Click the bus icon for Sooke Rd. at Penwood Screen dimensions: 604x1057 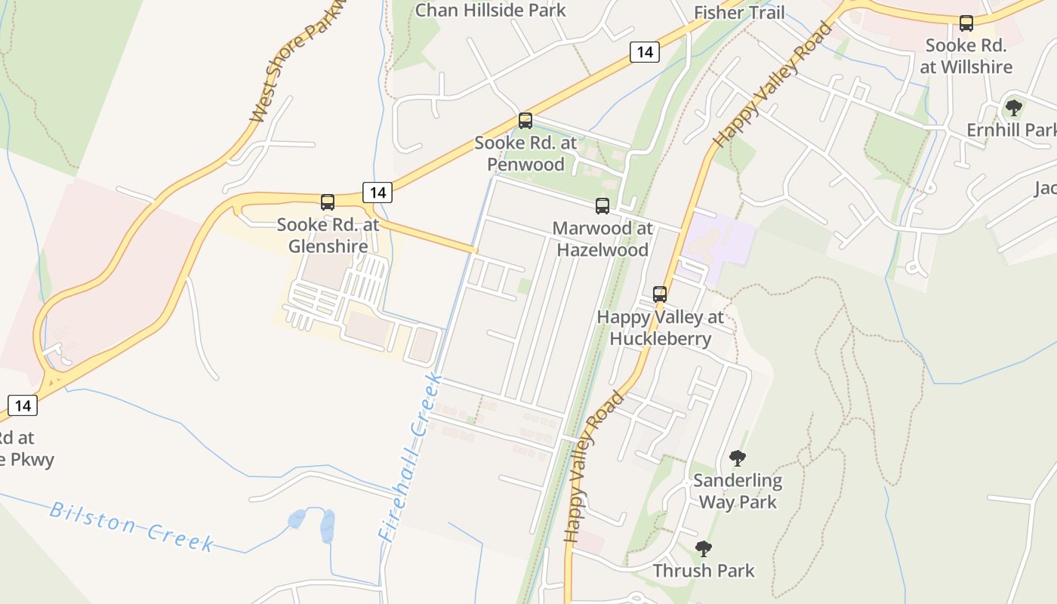[525, 121]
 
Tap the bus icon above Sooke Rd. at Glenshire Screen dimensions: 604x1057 [328, 202]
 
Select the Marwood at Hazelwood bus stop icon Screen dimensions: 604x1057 [602, 206]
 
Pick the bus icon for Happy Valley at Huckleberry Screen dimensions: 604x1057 [660, 294]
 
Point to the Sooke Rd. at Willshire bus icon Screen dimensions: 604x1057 [966, 23]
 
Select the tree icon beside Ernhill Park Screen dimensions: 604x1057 [1014, 108]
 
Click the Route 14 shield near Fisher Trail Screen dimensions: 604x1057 [644, 51]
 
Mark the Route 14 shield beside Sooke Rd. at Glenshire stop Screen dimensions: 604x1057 [377, 193]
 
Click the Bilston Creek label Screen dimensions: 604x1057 [132, 526]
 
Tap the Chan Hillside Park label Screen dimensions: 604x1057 [491, 10]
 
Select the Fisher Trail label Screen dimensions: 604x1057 [739, 12]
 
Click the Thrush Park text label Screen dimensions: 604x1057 [704, 570]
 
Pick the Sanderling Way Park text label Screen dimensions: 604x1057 [738, 491]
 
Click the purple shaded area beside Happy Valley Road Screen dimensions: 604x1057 [721, 238]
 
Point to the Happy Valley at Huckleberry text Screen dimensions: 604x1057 [660, 328]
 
